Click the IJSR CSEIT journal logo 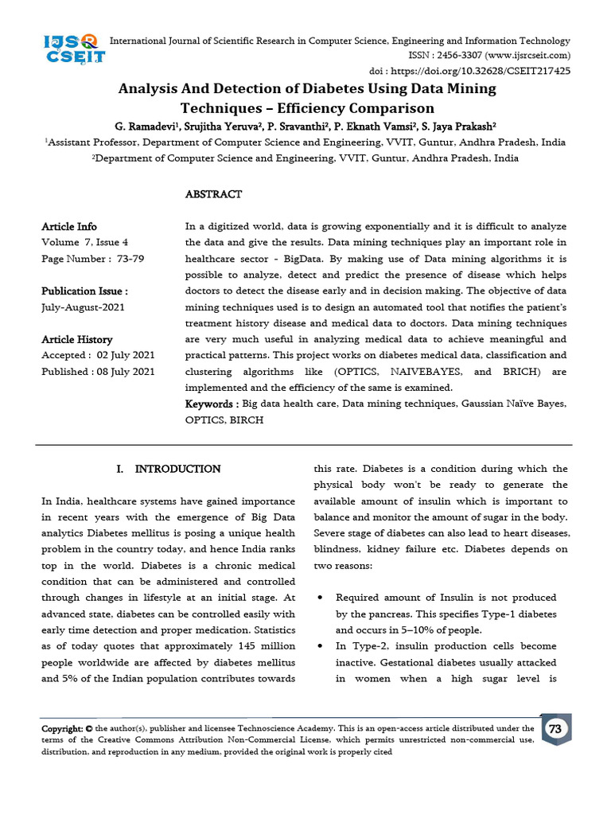(x=74, y=49)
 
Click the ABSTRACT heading (x=213, y=194)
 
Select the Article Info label (x=69, y=227)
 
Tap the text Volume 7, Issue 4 (x=84, y=243)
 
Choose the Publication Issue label (x=84, y=291)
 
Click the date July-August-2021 (x=83, y=307)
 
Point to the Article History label (x=76, y=340)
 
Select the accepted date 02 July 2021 (x=126, y=356)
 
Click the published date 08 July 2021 (x=126, y=372)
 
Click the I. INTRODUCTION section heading (x=168, y=470)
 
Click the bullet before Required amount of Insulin (x=319, y=598)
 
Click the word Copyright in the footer (x=62, y=728)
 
